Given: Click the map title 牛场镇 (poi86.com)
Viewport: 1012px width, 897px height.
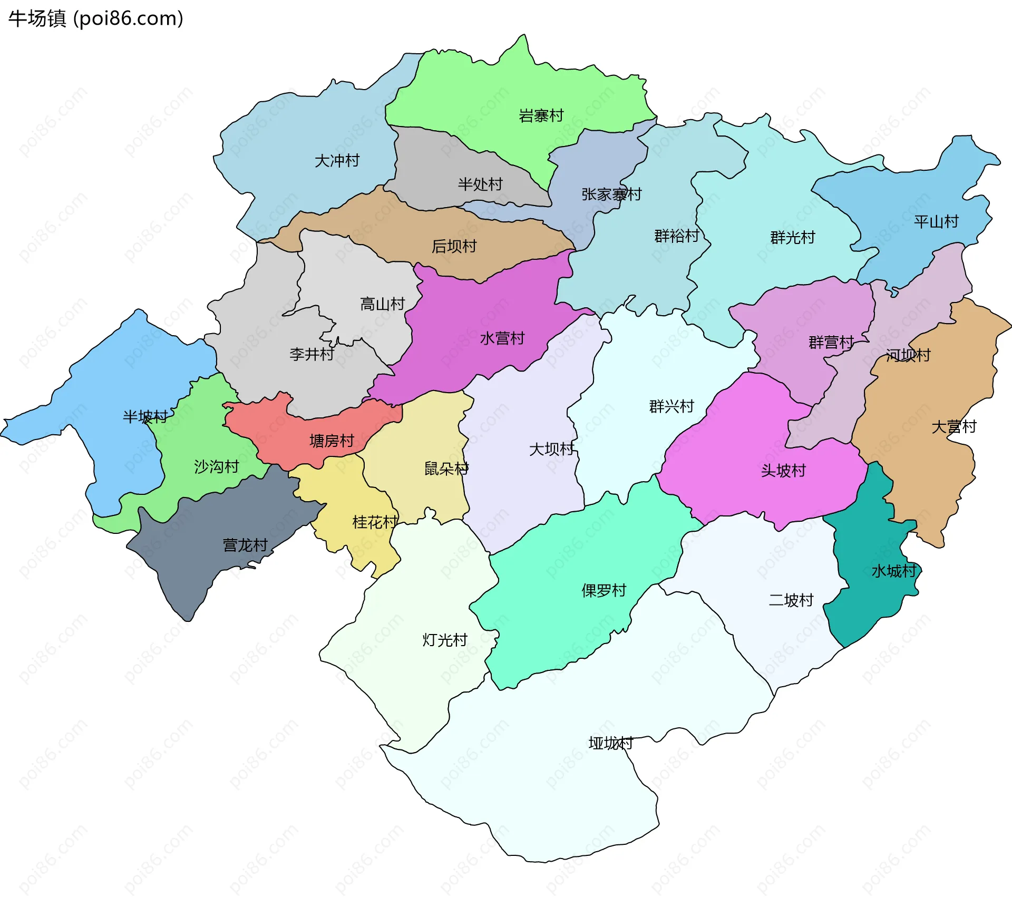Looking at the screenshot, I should [x=95, y=18].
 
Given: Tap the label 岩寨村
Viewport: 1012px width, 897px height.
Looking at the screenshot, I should [x=541, y=115].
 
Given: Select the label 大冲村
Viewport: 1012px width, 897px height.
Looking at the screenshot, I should [x=337, y=160].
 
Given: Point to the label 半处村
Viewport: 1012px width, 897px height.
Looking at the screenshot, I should [x=480, y=184].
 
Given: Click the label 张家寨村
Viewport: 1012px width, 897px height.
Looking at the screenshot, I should [x=611, y=194].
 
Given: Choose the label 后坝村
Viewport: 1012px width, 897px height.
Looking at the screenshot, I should [x=454, y=246].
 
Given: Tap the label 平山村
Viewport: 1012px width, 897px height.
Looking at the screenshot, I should [x=936, y=221].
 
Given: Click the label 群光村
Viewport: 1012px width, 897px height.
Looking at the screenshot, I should [x=792, y=237].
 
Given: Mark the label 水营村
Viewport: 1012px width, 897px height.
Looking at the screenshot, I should [x=502, y=338].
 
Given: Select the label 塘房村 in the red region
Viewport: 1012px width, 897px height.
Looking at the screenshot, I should [x=332, y=440].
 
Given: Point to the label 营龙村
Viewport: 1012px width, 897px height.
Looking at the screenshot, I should [x=245, y=544].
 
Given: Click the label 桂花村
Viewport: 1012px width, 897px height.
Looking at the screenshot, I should [x=375, y=522].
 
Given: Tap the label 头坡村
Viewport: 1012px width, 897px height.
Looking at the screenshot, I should [x=783, y=470].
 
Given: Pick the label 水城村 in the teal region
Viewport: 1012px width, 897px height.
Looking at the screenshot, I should [x=894, y=571].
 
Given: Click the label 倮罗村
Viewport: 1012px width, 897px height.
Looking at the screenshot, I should [x=604, y=590].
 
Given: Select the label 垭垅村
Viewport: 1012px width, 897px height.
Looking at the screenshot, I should [x=610, y=743].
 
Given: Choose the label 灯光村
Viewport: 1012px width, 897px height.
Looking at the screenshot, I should [x=445, y=640].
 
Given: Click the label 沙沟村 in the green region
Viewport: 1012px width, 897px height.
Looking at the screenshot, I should [x=216, y=466].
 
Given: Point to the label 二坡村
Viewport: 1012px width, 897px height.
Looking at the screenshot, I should [x=791, y=600].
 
